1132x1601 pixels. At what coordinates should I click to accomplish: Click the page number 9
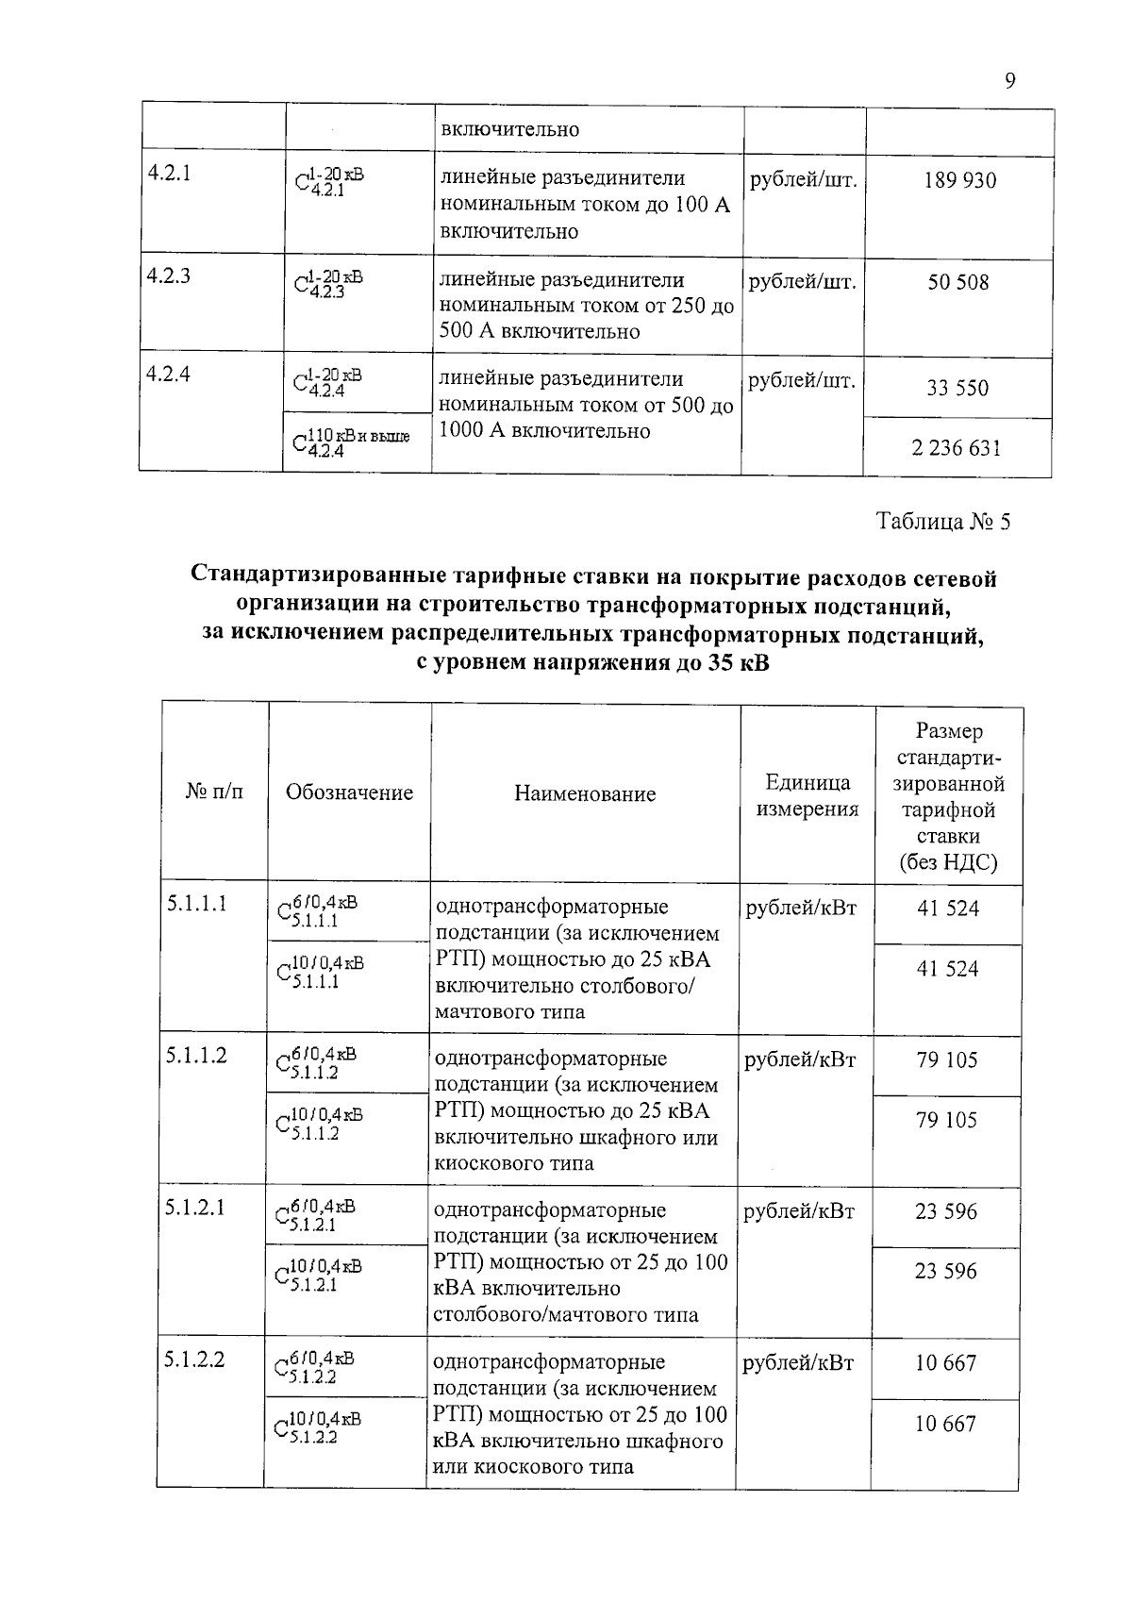tap(1009, 82)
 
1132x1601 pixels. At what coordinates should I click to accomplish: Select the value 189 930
tap(959, 180)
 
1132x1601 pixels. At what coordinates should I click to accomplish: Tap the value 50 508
tap(957, 282)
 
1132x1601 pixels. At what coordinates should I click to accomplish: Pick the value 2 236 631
tap(956, 448)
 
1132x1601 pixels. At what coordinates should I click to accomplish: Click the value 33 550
tap(957, 388)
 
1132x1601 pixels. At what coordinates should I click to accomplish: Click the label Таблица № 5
tap(942, 522)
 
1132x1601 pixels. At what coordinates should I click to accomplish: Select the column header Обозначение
tap(349, 792)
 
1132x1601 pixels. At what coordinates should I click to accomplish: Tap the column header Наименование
tap(585, 793)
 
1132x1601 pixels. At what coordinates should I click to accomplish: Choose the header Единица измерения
tap(807, 795)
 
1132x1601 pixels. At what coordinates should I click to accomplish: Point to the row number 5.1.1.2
tap(196, 1056)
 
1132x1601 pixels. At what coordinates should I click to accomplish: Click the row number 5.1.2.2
tap(194, 1359)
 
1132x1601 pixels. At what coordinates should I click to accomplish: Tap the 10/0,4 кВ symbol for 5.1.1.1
tap(318, 971)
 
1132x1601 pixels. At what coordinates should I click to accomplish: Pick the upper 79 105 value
tap(946, 1059)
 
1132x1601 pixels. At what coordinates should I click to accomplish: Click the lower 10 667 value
tap(944, 1424)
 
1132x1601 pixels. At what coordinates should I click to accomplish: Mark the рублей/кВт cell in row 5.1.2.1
tap(799, 1211)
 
